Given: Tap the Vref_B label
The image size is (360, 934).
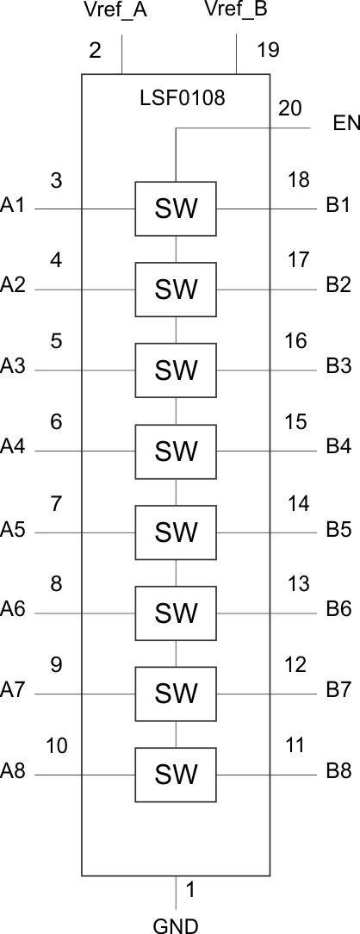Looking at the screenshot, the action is [236, 10].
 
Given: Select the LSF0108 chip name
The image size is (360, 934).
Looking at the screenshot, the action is [182, 97].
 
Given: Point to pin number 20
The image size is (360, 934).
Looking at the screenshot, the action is [290, 109].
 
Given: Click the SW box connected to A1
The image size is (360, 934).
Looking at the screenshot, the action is [176, 209].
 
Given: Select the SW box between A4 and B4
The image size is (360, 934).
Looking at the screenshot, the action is [176, 451].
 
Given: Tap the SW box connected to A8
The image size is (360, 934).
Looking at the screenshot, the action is [176, 775].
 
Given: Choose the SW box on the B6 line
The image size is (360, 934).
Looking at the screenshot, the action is [176, 613].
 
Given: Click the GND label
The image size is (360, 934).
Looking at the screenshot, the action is [176, 925].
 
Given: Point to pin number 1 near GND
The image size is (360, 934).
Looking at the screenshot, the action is [190, 890].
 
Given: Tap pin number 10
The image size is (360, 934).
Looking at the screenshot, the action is [57, 745].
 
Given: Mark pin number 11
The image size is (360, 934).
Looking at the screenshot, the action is [295, 745].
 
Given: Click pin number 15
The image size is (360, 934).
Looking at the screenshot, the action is [295, 421].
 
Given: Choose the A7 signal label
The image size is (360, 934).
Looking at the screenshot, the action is [13, 690].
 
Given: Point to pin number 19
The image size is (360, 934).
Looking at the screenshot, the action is [269, 50].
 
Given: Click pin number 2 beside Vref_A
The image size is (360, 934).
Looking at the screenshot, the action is [95, 50].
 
